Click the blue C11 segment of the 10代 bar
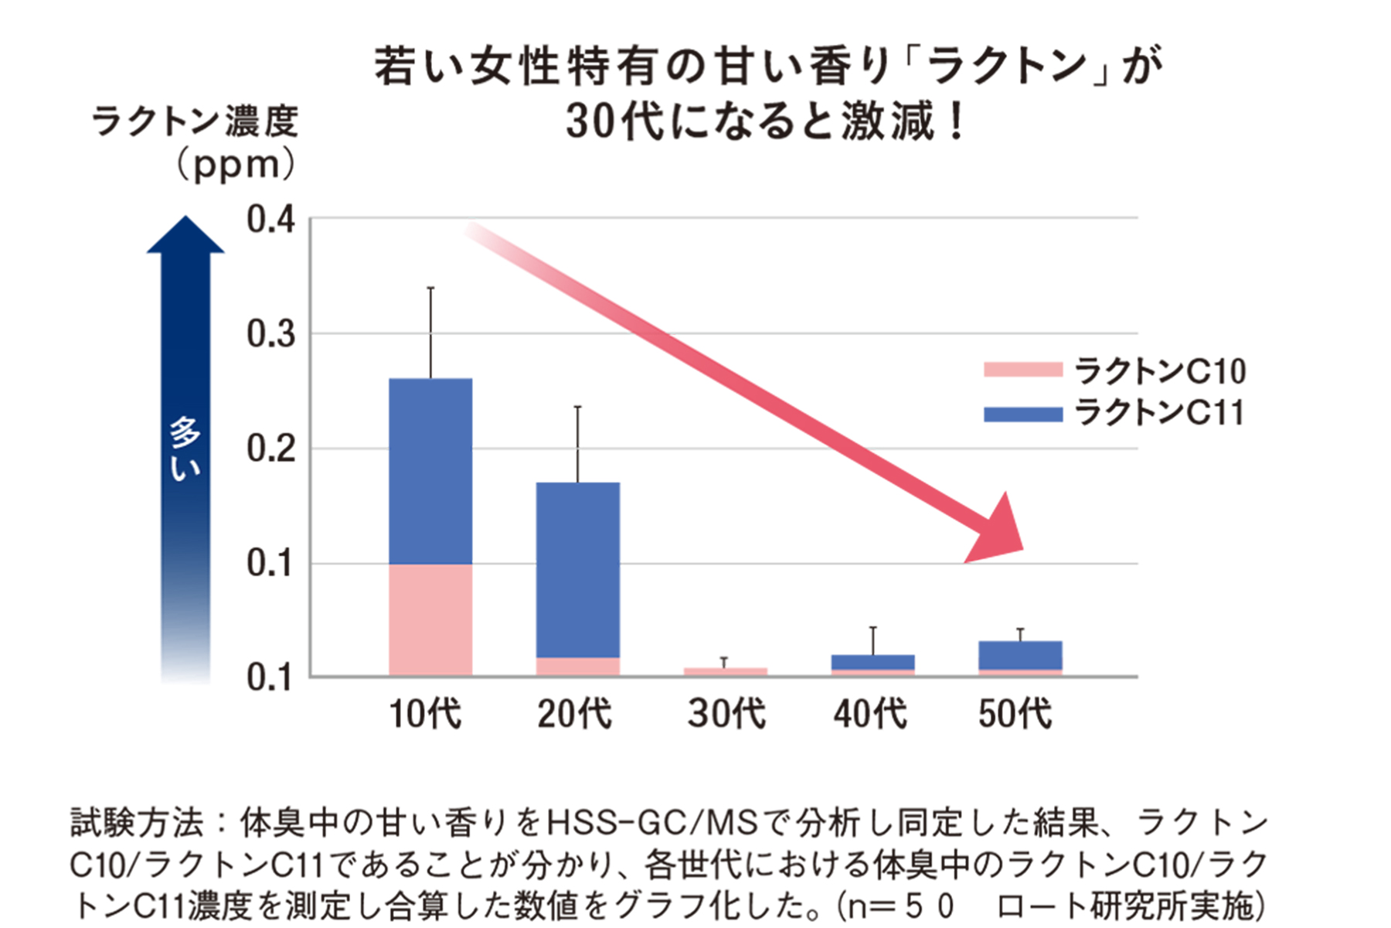point(430,471)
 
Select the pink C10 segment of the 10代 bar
point(430,619)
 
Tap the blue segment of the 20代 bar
point(578,569)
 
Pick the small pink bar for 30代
point(725,671)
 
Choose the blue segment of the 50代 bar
point(1020,655)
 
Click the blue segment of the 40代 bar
point(872,662)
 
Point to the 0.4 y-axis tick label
point(270,220)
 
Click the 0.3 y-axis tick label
point(270,334)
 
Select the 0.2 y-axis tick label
point(270,449)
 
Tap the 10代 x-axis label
point(425,713)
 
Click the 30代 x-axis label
point(726,713)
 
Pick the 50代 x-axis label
point(1015,713)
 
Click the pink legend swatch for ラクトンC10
point(1022,370)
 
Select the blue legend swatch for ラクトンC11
point(1022,415)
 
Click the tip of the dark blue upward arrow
point(185,220)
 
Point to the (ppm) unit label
point(236,165)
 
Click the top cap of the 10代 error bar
point(430,288)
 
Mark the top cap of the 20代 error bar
point(578,407)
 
